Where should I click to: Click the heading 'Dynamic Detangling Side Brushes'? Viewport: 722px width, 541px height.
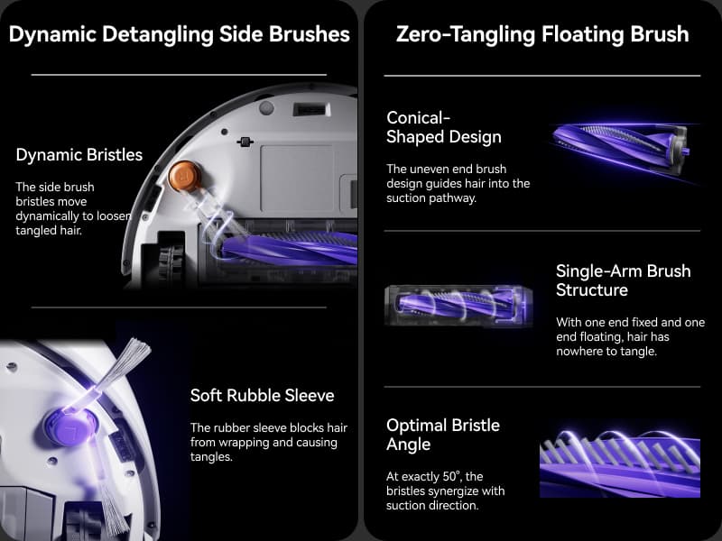pos(179,35)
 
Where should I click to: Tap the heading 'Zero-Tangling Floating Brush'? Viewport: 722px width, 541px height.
pos(542,35)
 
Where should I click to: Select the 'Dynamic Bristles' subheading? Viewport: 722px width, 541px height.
pos(79,155)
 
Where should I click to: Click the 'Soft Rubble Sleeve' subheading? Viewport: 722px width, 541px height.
pos(262,396)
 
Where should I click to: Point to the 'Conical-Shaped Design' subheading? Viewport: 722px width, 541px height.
pos(443,127)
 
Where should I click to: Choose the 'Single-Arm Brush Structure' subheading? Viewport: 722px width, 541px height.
pos(623,280)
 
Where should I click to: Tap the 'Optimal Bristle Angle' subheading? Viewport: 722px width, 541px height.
pos(442,435)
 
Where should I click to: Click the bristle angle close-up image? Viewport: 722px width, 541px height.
pos(619,461)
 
